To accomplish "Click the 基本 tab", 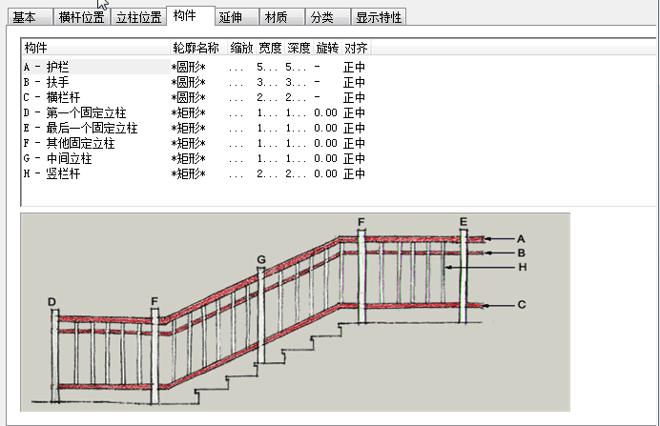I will point(24,17).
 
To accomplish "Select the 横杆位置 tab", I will point(81,17).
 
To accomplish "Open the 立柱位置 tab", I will point(138,17).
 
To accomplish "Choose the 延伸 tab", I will point(230,17).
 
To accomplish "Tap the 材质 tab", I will point(277,17).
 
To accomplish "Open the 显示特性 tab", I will point(379,17).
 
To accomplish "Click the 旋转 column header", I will point(326,48).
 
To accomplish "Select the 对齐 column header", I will point(355,48).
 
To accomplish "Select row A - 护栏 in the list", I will point(47,67).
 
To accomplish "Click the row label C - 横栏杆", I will point(53,97).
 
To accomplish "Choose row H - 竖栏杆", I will point(53,173).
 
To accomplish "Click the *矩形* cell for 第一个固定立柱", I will point(188,112).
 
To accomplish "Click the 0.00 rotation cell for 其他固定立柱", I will point(325,143).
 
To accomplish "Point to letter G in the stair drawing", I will point(260,259).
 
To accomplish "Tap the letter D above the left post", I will point(52,302).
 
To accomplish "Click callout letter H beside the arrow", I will point(522,268).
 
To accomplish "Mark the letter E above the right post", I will point(464,222).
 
